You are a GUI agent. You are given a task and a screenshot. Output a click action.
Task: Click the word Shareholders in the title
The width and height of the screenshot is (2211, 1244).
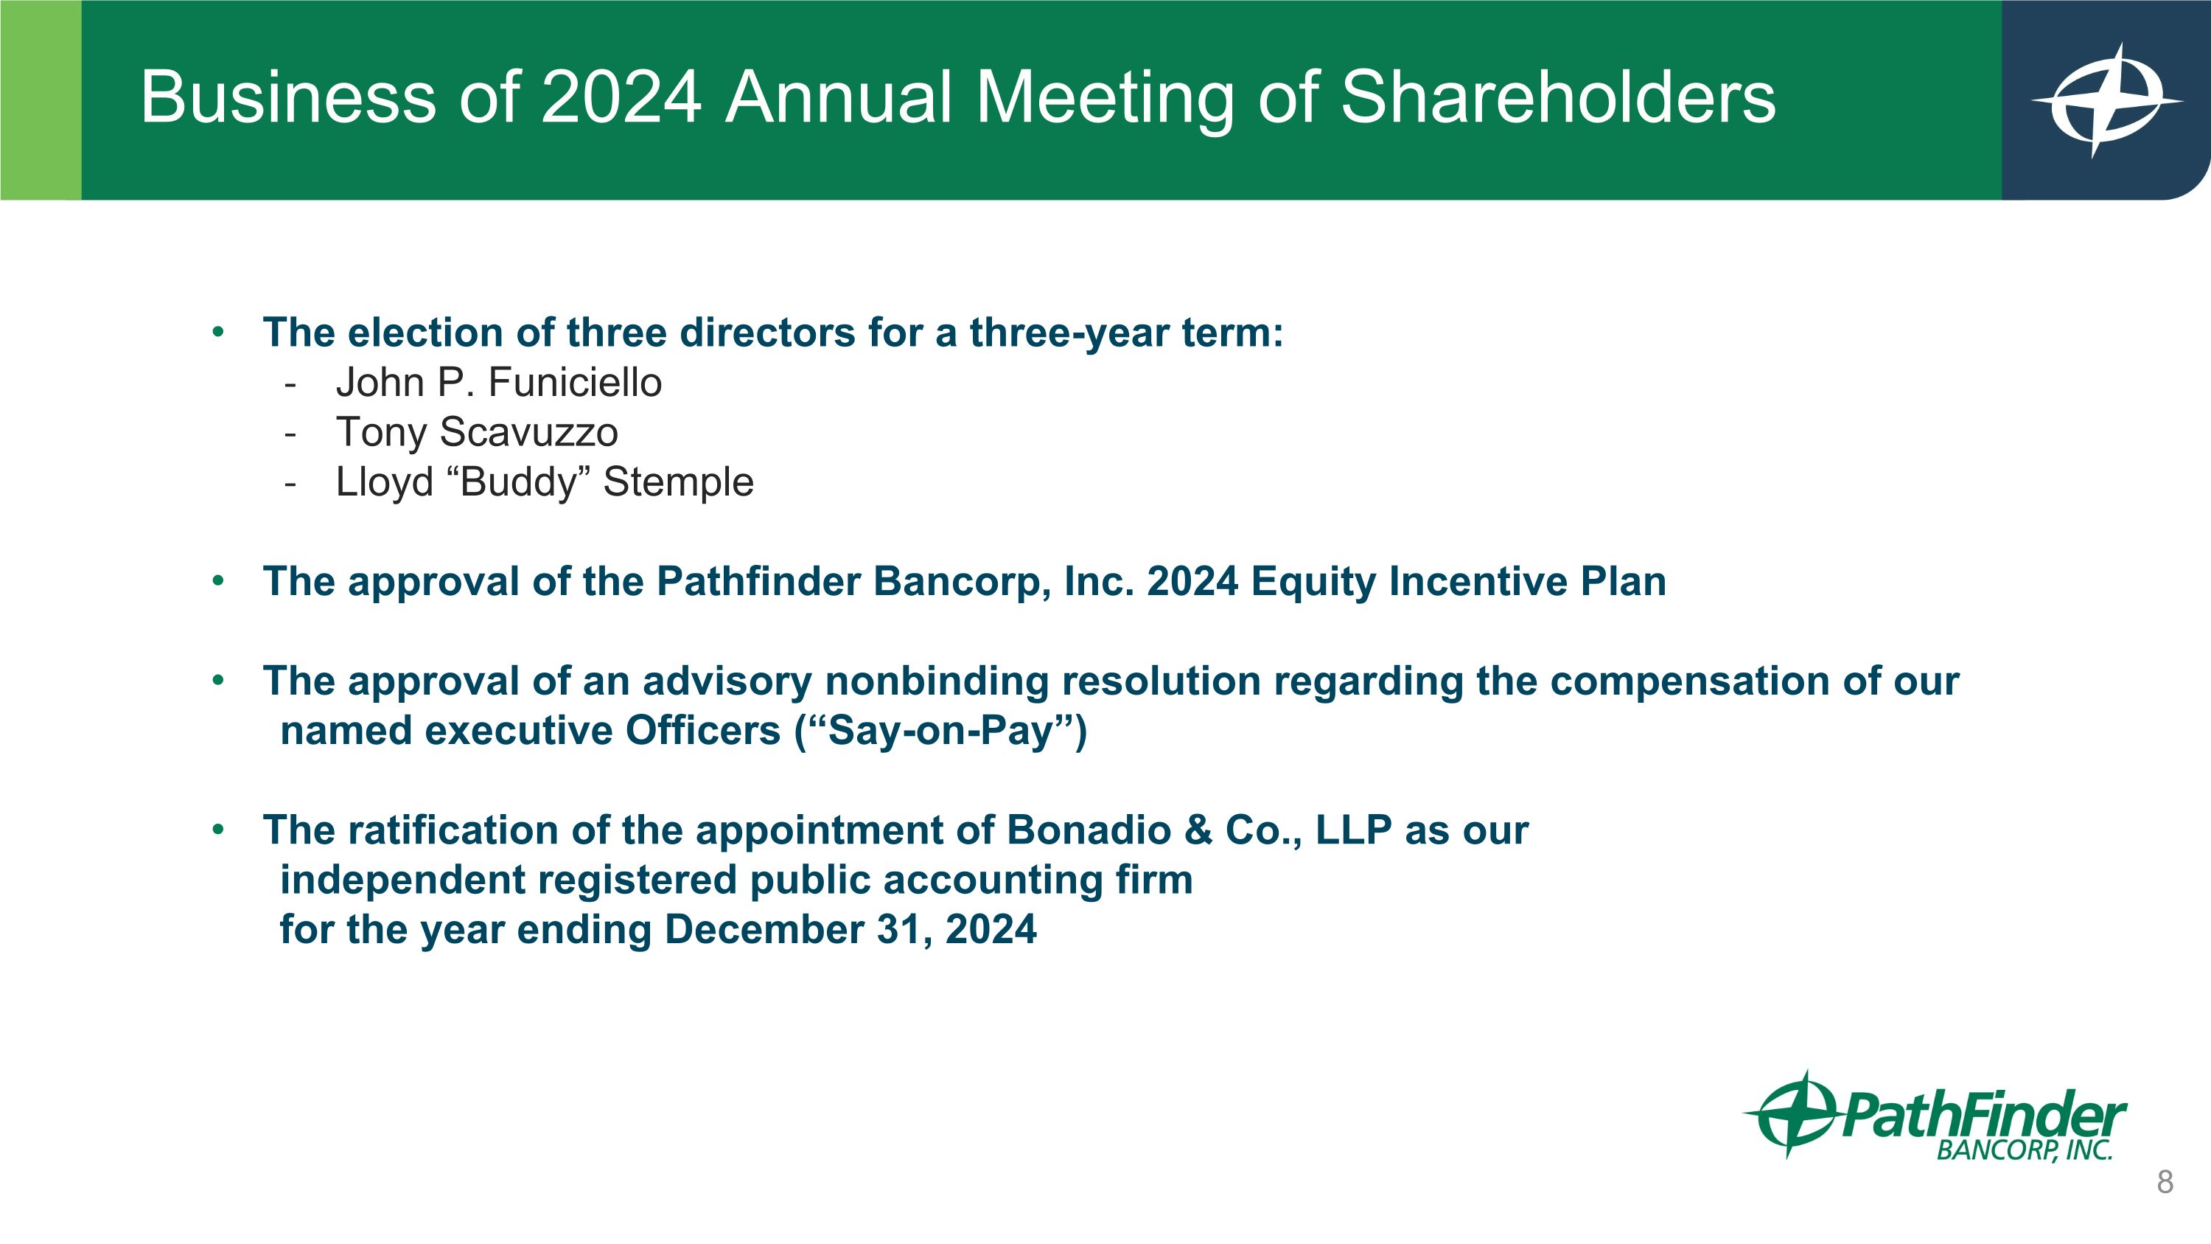tap(1557, 98)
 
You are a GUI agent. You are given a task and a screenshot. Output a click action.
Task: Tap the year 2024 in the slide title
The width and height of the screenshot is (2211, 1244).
tap(621, 98)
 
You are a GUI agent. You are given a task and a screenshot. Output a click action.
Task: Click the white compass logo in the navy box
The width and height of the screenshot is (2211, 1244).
tap(2106, 100)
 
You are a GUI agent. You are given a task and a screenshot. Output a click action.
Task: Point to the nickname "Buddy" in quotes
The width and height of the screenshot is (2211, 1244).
tap(517, 482)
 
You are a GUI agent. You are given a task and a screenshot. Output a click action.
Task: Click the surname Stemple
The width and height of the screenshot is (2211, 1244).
tap(678, 482)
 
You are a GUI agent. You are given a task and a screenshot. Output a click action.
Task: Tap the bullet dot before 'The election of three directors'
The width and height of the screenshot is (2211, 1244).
tap(218, 333)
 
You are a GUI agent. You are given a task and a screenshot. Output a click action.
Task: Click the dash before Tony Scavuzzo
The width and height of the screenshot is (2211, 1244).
tap(290, 433)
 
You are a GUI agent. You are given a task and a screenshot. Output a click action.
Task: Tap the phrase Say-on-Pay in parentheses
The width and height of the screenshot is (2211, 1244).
tap(940, 731)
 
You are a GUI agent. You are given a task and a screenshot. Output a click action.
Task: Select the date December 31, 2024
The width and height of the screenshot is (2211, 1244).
tap(850, 930)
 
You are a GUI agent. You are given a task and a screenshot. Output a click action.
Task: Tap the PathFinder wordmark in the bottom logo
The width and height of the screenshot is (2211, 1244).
tap(1983, 1117)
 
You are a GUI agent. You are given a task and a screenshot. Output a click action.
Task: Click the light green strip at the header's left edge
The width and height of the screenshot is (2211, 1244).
tap(41, 100)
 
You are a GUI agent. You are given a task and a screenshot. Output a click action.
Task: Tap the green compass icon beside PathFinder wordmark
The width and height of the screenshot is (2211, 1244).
tap(1789, 1113)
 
